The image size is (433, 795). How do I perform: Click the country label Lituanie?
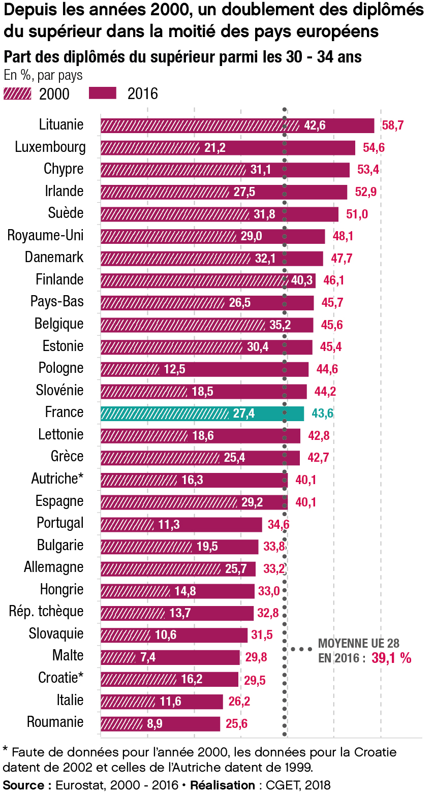(x=61, y=125)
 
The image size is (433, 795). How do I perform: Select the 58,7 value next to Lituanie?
(x=392, y=125)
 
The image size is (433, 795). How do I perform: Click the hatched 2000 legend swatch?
(x=17, y=93)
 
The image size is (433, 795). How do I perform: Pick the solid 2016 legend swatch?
(x=102, y=93)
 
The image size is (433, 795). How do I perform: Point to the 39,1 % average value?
(x=391, y=658)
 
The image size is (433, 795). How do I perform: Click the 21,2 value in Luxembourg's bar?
(x=214, y=148)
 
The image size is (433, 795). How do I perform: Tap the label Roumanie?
(x=55, y=722)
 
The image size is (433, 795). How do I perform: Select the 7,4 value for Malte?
(x=148, y=657)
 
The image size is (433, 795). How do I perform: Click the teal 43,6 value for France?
(x=322, y=414)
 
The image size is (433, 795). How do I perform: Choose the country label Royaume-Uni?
(x=46, y=236)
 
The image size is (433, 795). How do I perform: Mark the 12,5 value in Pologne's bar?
(x=174, y=369)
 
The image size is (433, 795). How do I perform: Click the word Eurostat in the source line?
(x=76, y=785)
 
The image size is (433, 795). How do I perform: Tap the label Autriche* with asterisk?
(x=57, y=479)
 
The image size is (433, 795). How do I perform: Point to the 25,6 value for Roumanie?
(x=236, y=724)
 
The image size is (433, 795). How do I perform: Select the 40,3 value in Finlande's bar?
(x=302, y=280)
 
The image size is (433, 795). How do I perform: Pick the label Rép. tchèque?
(x=46, y=611)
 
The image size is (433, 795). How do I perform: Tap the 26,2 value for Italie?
(x=239, y=702)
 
